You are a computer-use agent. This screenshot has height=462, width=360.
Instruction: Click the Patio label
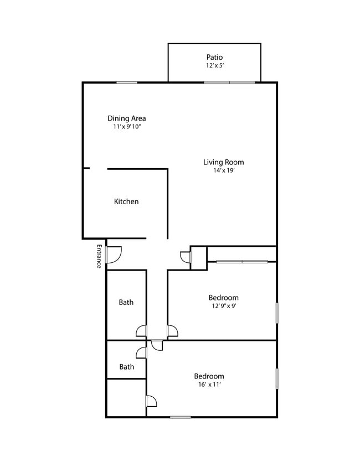pyautogui.click(x=214, y=57)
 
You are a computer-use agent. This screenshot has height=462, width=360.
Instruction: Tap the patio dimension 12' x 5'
pyautogui.click(x=214, y=65)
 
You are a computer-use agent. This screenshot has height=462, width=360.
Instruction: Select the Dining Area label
pyautogui.click(x=126, y=118)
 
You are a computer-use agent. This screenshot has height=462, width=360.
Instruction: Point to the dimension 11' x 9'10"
pyautogui.click(x=126, y=127)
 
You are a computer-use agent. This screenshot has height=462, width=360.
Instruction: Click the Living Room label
pyautogui.click(x=223, y=162)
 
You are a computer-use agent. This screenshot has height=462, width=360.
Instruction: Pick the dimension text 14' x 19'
pyautogui.click(x=223, y=170)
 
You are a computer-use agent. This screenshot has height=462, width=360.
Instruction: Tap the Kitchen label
pyautogui.click(x=126, y=201)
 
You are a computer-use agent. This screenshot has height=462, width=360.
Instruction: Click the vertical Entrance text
pyautogui.click(x=99, y=256)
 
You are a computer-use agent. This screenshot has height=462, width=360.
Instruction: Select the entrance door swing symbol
pyautogui.click(x=114, y=254)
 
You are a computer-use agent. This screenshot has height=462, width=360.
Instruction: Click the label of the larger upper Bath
pyautogui.click(x=126, y=302)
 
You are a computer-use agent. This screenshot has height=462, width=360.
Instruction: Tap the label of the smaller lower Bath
pyautogui.click(x=126, y=366)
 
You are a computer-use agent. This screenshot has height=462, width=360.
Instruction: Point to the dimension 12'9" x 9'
pyautogui.click(x=223, y=305)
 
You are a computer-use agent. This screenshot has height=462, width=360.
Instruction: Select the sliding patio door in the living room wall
pyautogui.click(x=229, y=82)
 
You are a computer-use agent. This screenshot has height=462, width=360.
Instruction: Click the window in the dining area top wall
pyautogui.click(x=127, y=82)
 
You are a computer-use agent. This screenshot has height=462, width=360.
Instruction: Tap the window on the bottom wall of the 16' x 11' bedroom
pyautogui.click(x=180, y=417)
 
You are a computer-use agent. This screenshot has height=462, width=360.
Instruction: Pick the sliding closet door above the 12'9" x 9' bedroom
pyautogui.click(x=241, y=261)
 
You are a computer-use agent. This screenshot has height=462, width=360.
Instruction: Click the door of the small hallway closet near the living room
pyautogui.click(x=186, y=257)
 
